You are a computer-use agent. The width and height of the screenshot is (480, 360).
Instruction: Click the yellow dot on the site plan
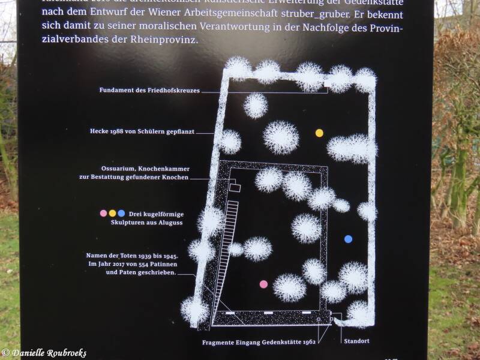click(319, 133)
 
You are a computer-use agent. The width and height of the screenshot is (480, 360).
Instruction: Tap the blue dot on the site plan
click(348, 239)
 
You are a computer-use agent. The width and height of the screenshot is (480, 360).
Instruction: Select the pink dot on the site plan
click(263, 284)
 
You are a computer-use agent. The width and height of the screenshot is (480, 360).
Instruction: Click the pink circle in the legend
click(103, 214)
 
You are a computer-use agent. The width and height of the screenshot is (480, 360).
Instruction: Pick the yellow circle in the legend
click(112, 214)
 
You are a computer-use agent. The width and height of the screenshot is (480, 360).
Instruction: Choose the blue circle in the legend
click(121, 214)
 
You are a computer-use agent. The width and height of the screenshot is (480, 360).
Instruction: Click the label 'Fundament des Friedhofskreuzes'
click(149, 91)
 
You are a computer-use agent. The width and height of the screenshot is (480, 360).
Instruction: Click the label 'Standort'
click(355, 341)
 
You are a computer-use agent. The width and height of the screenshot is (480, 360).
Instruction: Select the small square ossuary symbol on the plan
click(235, 188)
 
